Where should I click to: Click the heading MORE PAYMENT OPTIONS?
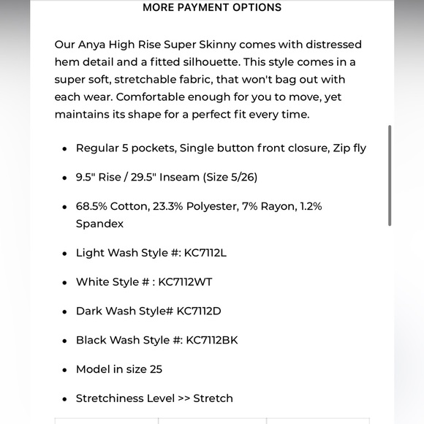point(212,7)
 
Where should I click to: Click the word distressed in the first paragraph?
point(330,45)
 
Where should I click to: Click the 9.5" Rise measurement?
point(103,177)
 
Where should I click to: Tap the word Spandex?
point(99,224)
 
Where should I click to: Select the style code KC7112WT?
point(185,282)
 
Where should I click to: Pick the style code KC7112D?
point(199,311)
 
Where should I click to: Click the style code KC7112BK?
point(212,340)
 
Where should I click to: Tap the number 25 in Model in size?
point(156,369)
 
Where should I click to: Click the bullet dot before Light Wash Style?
point(64,254)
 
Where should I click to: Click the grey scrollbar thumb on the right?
point(390,175)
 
